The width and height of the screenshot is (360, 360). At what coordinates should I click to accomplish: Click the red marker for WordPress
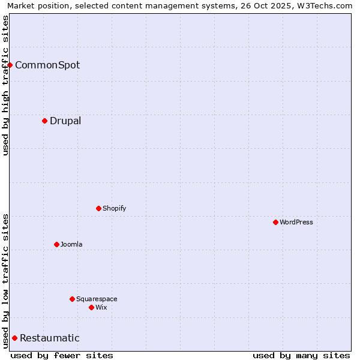point(275,222)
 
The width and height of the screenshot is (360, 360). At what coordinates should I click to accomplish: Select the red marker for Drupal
point(45,121)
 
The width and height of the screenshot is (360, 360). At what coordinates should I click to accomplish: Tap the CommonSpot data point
point(10,65)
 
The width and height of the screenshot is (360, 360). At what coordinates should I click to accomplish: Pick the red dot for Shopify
point(98,208)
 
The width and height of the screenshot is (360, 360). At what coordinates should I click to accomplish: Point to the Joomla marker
point(56,244)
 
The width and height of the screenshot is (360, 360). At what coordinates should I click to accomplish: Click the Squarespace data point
point(72,299)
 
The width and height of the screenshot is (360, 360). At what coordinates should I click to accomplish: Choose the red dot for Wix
point(91,307)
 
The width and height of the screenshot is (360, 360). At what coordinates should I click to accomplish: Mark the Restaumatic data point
point(14,338)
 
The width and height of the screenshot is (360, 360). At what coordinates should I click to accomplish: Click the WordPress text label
point(296,222)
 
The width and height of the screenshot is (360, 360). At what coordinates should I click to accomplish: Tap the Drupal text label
point(65,121)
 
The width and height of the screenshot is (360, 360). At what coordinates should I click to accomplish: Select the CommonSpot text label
point(47,65)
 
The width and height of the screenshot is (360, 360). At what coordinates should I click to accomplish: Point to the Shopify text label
point(114,208)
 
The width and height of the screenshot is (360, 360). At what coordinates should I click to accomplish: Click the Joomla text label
point(71,244)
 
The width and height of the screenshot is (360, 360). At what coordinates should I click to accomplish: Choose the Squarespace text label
point(97,299)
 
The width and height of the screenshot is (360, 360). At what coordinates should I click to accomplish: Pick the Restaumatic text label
point(50,338)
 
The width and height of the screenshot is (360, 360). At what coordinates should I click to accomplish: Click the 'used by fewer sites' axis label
point(62,355)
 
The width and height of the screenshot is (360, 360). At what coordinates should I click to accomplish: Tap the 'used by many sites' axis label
point(301,355)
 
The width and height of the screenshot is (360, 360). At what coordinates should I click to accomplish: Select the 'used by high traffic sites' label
point(5,85)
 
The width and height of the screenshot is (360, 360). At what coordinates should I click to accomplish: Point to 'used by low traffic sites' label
point(5,281)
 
